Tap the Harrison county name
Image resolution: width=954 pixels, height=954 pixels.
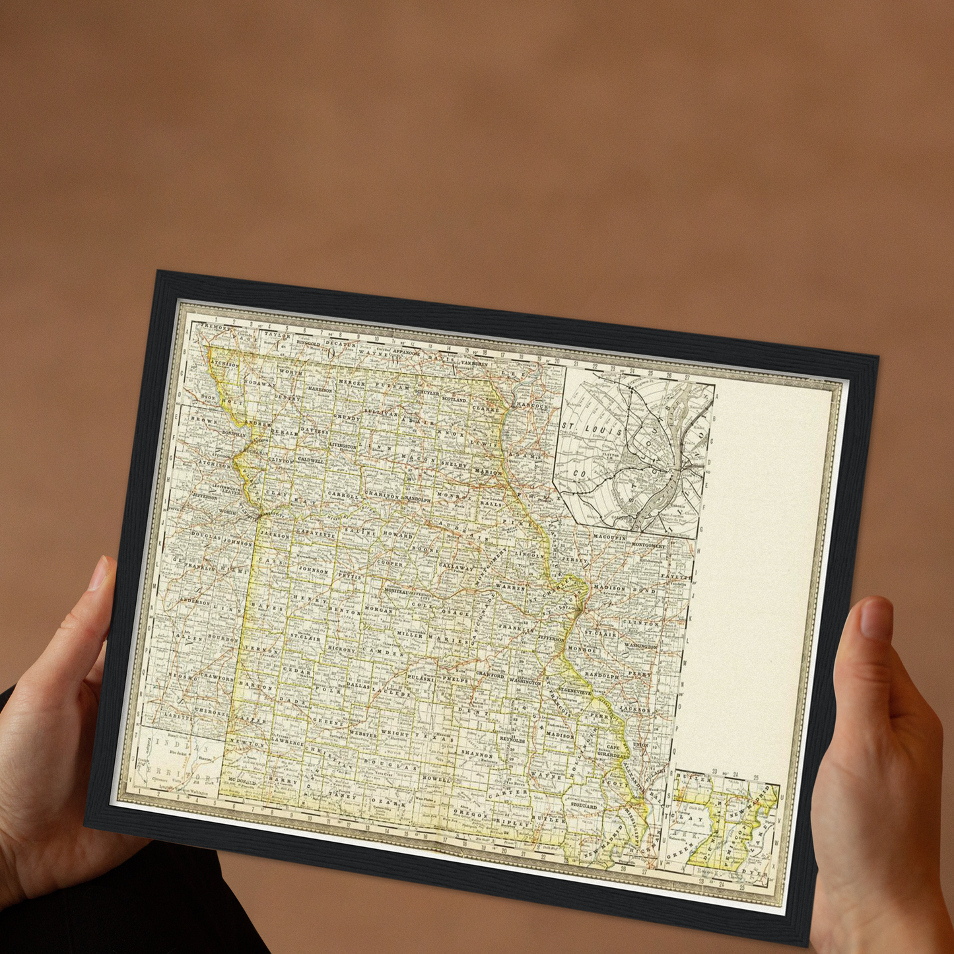tap(320, 390)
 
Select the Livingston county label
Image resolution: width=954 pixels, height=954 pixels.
tap(343, 447)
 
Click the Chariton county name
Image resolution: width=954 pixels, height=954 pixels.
tap(382, 495)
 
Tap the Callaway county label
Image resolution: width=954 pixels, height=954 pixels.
tap(456, 566)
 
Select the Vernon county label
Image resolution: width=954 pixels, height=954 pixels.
tap(261, 650)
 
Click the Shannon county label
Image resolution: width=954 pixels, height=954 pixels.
tap(476, 754)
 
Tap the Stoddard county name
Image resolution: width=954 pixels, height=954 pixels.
tap(584, 806)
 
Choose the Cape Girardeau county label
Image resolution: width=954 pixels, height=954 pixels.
tap(613, 751)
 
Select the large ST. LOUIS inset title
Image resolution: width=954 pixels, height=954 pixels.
tap(592, 429)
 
